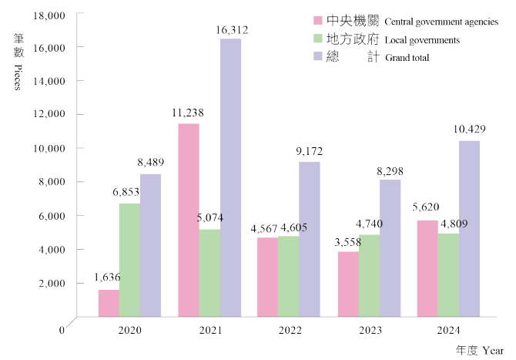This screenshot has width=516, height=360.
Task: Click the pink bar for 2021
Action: click(189, 220)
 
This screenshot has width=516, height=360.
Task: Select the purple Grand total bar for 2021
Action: click(230, 177)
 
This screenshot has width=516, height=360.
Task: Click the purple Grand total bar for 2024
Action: click(469, 228)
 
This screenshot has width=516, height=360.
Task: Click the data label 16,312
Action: click(232, 30)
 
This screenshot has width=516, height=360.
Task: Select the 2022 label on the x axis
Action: click(289, 331)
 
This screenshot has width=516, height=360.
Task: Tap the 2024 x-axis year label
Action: click(449, 331)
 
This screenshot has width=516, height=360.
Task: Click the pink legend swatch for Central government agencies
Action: click(317, 20)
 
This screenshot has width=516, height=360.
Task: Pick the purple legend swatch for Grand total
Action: click(317, 57)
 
